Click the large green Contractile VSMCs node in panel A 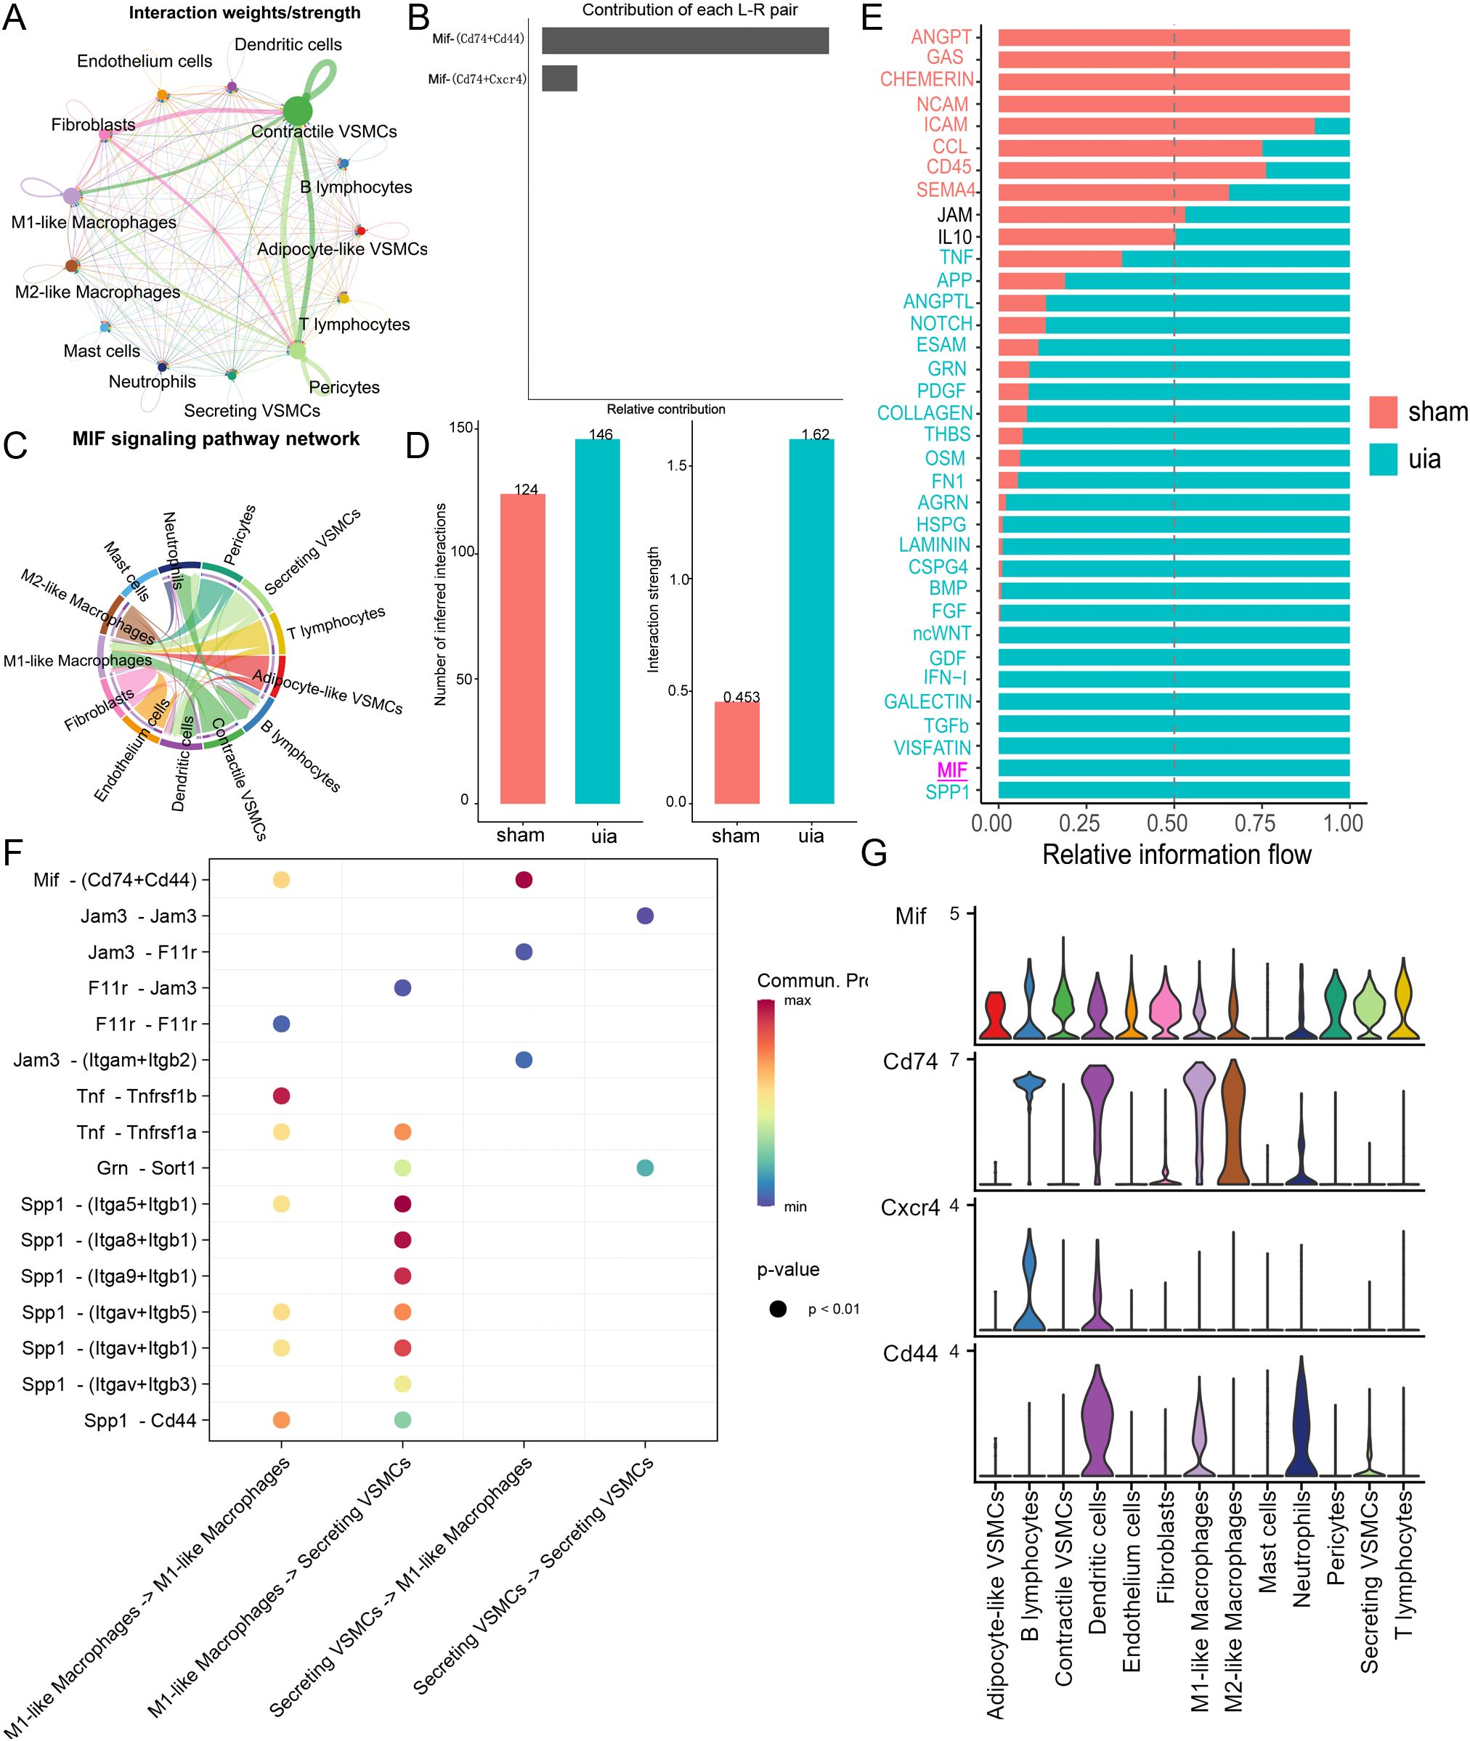click(x=296, y=111)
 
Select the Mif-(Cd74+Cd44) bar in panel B click(x=685, y=41)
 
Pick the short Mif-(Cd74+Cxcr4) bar click(x=559, y=78)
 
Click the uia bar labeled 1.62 click(x=811, y=621)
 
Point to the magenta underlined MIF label click(x=952, y=770)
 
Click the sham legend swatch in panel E click(x=1383, y=412)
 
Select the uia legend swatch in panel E click(x=1383, y=460)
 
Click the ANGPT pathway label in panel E click(x=941, y=36)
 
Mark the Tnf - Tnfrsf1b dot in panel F click(x=282, y=1096)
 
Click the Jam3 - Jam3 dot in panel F click(x=645, y=916)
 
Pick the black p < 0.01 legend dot click(x=779, y=1309)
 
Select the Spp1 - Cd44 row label click(x=140, y=1420)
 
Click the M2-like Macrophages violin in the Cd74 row click(x=1233, y=1125)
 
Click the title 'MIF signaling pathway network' click(x=216, y=439)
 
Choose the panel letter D click(x=418, y=447)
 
